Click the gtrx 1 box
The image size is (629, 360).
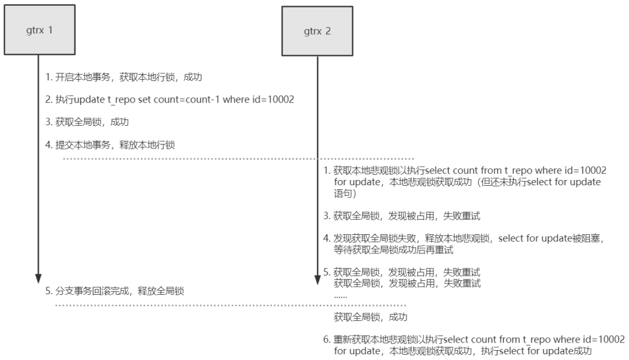[x=40, y=30]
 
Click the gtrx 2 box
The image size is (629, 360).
[x=317, y=31]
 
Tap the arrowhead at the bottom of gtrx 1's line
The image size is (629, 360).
[x=38, y=279]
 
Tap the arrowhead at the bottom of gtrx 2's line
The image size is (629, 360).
[x=317, y=280]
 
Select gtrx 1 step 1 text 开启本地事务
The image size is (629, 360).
[x=83, y=77]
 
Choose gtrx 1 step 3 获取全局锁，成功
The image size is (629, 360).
[x=92, y=122]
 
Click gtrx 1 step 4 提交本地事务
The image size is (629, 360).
[x=83, y=145]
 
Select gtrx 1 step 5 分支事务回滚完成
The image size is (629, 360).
[x=92, y=291]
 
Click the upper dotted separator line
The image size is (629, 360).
[x=238, y=159]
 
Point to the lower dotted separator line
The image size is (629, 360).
[x=231, y=305]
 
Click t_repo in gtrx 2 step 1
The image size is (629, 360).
[x=518, y=171]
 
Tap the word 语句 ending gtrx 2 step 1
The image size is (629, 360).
[x=342, y=193]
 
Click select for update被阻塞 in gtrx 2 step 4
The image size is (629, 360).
[x=549, y=238]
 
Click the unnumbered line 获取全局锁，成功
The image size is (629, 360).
[x=370, y=317]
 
